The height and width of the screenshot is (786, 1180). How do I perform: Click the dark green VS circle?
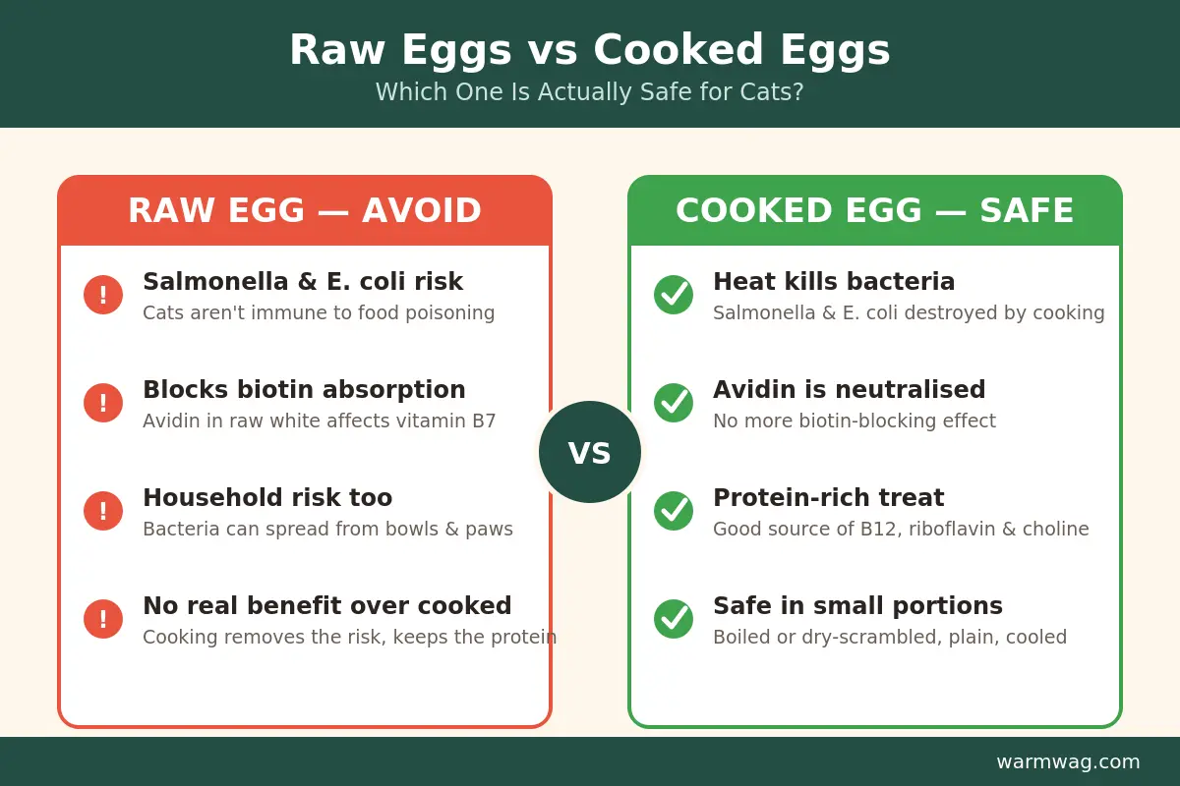click(x=589, y=452)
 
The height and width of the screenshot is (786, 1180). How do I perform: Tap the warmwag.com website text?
click(x=1068, y=761)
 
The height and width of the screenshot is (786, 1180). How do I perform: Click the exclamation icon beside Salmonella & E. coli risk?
click(x=103, y=295)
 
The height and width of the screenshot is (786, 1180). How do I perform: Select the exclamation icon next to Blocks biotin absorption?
click(x=103, y=403)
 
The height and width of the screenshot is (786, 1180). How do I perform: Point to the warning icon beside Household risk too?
click(x=103, y=511)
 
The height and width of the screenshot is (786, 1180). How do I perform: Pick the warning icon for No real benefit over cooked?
click(x=103, y=619)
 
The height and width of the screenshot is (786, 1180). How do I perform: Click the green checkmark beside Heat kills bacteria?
click(x=674, y=295)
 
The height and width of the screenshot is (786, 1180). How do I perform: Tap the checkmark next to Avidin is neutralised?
click(x=674, y=403)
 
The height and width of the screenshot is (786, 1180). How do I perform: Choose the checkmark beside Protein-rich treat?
click(x=674, y=511)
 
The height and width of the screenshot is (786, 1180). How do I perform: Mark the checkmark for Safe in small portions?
click(x=674, y=619)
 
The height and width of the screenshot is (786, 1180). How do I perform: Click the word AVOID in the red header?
click(x=422, y=210)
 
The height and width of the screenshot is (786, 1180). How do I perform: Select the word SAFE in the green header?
click(x=1027, y=210)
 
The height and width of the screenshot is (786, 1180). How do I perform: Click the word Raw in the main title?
click(x=337, y=50)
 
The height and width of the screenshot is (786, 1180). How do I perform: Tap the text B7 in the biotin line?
click(x=484, y=421)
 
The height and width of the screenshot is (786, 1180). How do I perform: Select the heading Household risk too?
click(x=267, y=497)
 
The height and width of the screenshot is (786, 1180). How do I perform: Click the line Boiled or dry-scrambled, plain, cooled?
click(x=890, y=637)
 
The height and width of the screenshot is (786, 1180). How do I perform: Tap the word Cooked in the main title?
click(x=678, y=50)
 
